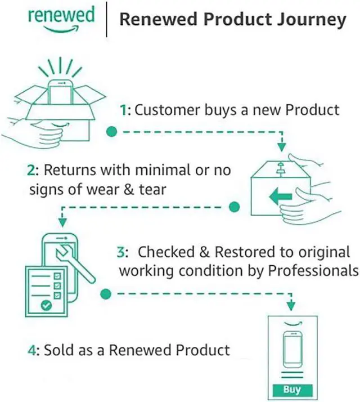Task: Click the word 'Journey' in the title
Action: point(315,20)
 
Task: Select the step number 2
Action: point(33,169)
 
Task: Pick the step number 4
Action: point(32,350)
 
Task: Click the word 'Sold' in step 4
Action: point(58,350)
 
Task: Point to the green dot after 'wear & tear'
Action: point(235,207)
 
